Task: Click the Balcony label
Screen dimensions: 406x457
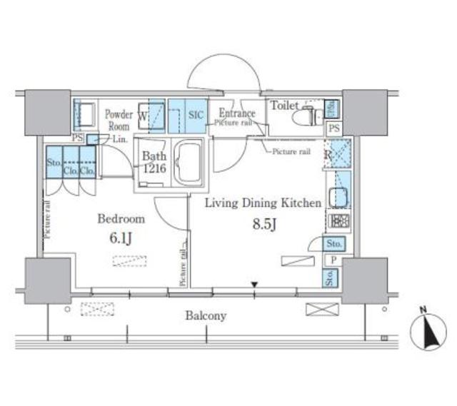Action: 206,315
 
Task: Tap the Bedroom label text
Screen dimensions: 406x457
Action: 121,219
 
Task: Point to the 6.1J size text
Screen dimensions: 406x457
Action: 121,237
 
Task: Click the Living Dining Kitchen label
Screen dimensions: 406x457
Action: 263,203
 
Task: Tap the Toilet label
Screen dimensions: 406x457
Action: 283,106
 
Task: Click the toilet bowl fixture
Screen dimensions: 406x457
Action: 311,116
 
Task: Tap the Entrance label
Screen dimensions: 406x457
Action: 236,113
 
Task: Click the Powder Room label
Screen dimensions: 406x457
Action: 119,119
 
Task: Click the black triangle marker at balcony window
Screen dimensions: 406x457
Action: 253,288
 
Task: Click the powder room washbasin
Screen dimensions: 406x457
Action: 85,114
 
